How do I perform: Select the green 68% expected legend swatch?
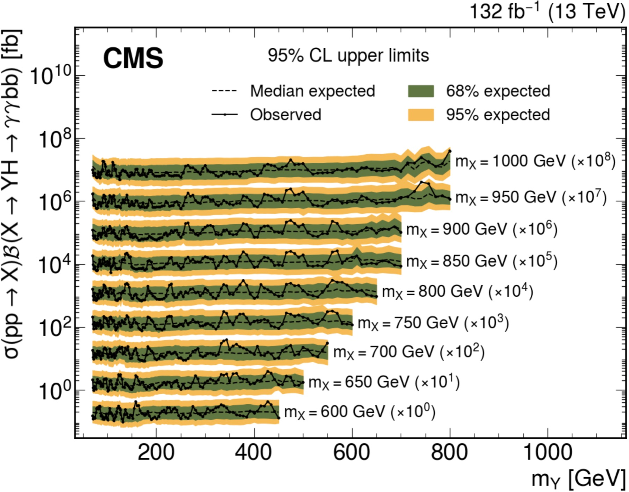tap(421, 91)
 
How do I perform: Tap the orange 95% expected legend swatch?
tap(421, 115)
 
